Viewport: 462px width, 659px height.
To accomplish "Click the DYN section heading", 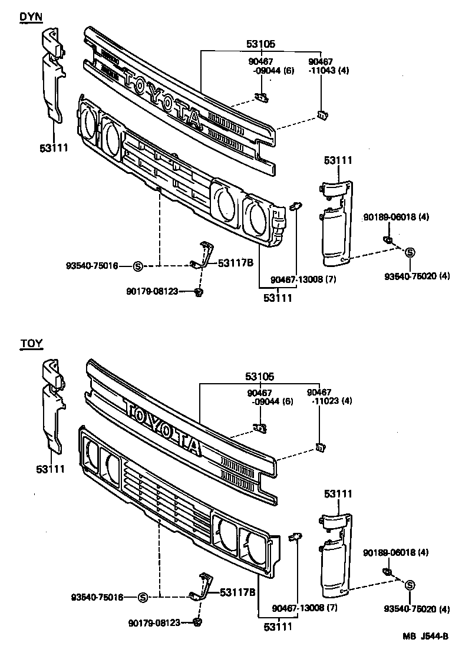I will [x=31, y=17].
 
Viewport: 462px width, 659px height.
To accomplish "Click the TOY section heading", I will [x=31, y=344].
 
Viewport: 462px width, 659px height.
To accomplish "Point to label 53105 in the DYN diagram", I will [x=260, y=44].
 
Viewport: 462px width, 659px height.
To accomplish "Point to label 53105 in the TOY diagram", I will [x=260, y=376].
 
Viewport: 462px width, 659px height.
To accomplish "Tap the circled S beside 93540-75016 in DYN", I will [x=138, y=266].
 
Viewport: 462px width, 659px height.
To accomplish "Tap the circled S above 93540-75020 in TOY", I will [x=410, y=584].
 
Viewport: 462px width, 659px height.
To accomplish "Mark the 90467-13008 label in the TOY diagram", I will [x=303, y=608].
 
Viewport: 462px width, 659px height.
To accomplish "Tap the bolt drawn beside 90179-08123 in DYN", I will [x=200, y=292].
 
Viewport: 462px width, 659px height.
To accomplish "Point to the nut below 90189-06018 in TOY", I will [x=388, y=571].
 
